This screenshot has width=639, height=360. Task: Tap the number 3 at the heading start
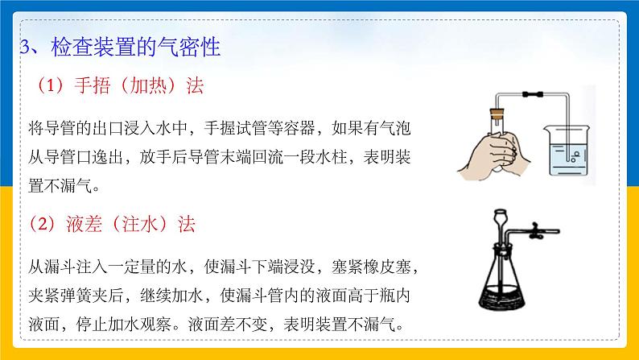pos(23,45)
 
